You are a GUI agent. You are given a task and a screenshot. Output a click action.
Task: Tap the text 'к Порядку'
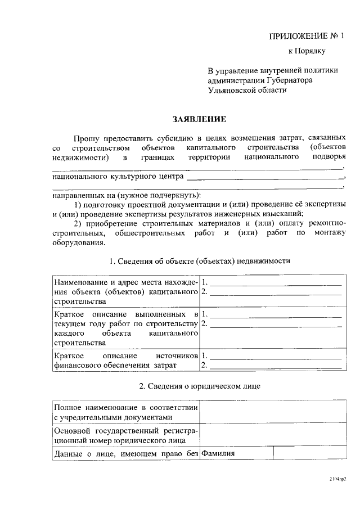(x=307, y=51)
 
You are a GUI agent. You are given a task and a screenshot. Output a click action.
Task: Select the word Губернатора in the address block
(x=289, y=80)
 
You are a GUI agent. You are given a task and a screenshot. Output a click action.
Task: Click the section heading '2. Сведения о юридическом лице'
(x=200, y=386)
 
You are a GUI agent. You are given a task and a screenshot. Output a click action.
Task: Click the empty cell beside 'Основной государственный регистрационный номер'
(x=273, y=435)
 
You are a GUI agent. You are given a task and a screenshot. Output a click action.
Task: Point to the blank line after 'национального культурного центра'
(x=264, y=178)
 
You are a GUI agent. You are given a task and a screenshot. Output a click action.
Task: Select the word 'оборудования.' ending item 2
(x=79, y=243)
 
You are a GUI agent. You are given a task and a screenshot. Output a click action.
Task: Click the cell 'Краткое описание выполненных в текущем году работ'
(x=125, y=328)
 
